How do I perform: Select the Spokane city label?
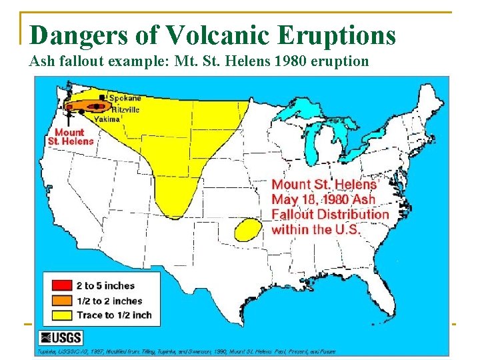tap(125, 99)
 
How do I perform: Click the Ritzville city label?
tap(125, 109)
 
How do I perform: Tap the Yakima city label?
tap(107, 119)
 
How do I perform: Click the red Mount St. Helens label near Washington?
tap(70, 137)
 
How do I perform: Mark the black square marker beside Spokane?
tap(101, 97)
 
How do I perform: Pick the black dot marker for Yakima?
tap(82, 112)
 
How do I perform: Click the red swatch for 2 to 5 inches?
tap(59, 286)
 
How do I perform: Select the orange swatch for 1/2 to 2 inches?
tap(59, 301)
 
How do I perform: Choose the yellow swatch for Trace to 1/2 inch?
tap(59, 315)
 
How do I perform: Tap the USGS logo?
tap(61, 337)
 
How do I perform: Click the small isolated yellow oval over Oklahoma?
tap(247, 229)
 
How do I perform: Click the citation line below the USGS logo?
tap(187, 351)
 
